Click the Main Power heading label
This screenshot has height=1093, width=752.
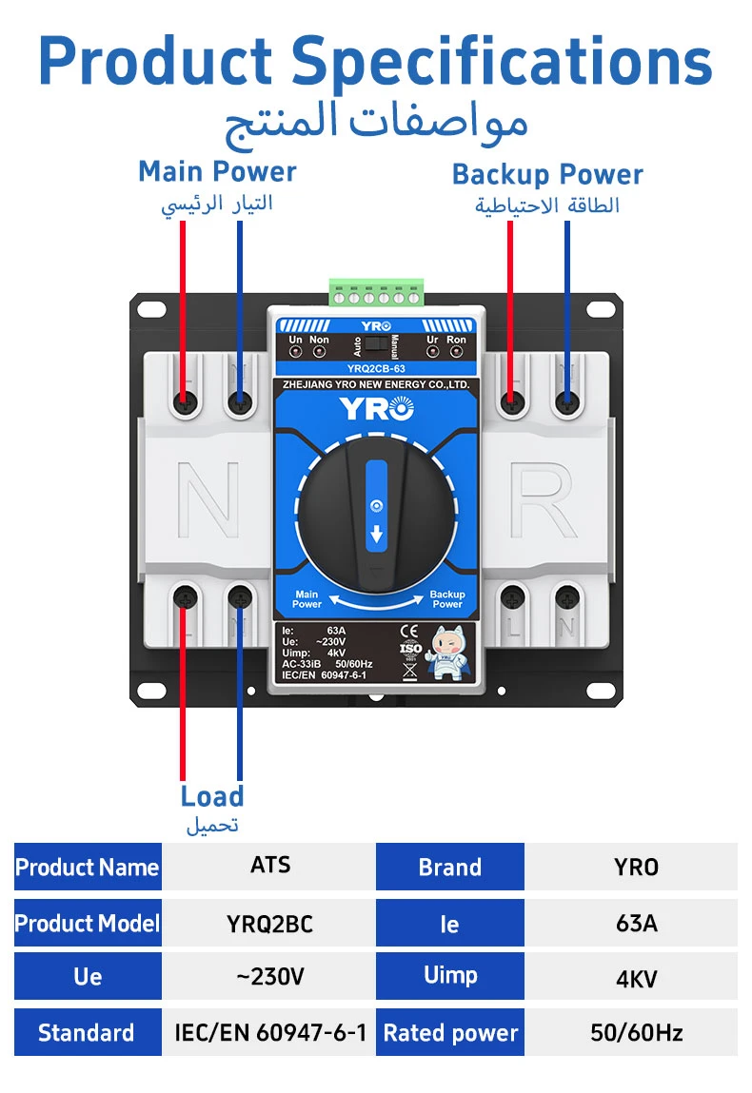pos(217,172)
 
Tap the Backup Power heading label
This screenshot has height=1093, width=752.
pos(547,175)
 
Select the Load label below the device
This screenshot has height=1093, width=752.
pos(212,796)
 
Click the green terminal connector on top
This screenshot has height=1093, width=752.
pos(376,292)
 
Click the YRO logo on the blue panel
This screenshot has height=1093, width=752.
pos(377,409)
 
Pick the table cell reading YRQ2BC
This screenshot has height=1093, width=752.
pos(269,924)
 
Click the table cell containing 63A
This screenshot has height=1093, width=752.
pos(636,924)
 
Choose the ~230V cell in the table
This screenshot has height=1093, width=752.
pos(269,977)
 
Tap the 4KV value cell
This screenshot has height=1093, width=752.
pos(636,978)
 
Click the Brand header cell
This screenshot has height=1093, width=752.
pos(449,868)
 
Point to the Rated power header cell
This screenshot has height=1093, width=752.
pos(449,1033)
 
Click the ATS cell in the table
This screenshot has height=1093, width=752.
pos(269,866)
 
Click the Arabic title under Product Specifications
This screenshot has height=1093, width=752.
pos(376,122)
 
